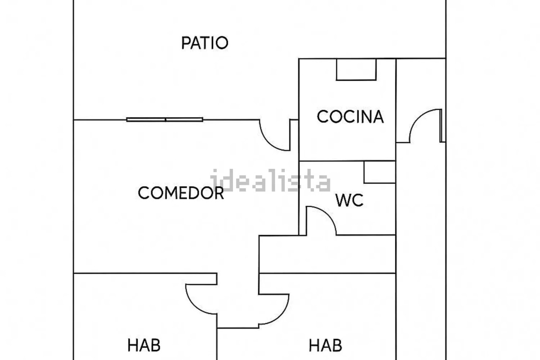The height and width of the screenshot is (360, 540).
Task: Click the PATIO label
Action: [x=205, y=43]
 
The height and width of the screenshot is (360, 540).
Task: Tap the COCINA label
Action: [x=350, y=117]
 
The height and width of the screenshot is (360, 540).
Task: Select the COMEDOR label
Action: [x=181, y=193]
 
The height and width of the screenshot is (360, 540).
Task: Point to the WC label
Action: [x=349, y=201]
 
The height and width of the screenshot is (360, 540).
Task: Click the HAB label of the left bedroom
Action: [x=144, y=346]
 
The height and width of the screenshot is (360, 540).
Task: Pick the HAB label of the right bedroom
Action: [x=325, y=346]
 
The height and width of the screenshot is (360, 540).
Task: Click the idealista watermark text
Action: [x=270, y=181]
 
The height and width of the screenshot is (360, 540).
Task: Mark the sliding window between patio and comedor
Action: [x=165, y=119]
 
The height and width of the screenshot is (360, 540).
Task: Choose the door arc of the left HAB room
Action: [x=200, y=299]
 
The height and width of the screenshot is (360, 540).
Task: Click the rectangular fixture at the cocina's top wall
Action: [x=356, y=70]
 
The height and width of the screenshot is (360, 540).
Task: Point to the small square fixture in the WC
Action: [x=379, y=172]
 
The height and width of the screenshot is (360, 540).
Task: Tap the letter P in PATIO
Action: [x=185, y=43]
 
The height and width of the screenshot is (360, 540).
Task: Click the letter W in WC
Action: [x=343, y=201]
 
